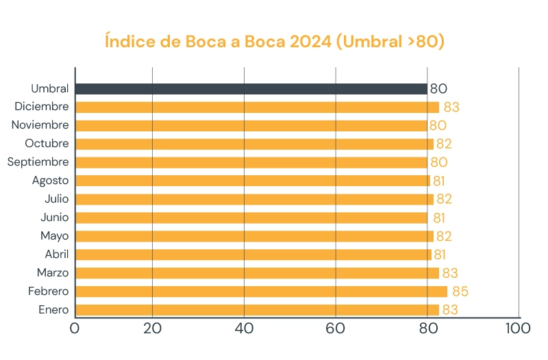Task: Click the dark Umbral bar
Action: click(x=251, y=89)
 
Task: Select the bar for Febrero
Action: click(x=261, y=292)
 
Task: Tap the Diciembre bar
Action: click(x=257, y=107)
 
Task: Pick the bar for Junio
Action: click(x=251, y=218)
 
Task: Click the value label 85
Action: click(x=460, y=292)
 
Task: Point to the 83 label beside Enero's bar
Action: click(x=450, y=310)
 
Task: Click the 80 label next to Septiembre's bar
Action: click(x=438, y=162)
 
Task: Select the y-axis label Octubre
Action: click(x=47, y=144)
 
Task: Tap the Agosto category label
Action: click(x=50, y=181)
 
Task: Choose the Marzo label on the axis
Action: click(x=53, y=272)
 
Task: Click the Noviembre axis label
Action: click(x=40, y=125)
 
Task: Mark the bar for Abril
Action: click(x=253, y=255)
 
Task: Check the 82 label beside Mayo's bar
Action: click(x=445, y=236)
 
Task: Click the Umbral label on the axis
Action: click(x=49, y=89)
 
